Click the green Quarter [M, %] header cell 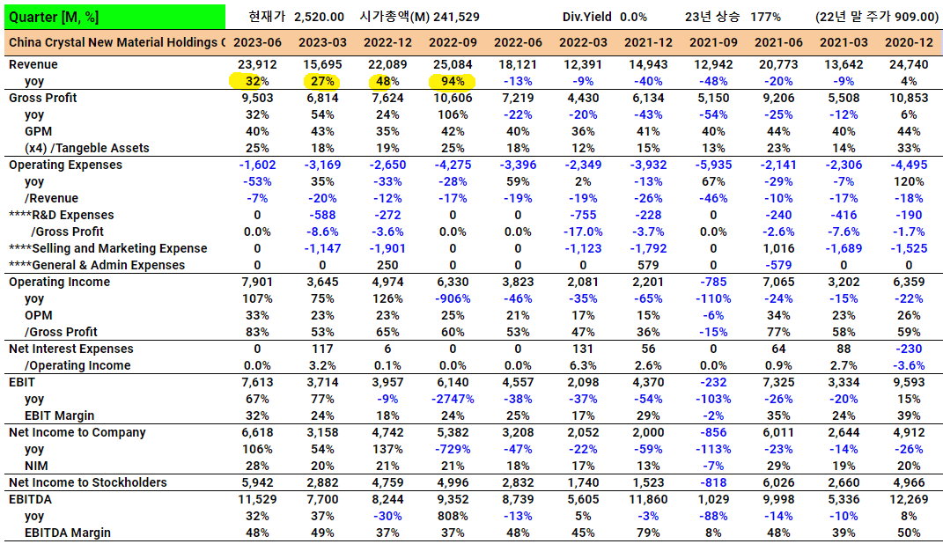pos(114,17)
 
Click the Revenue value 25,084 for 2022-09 pos(453,64)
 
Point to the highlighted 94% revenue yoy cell pos(453,81)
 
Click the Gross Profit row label pos(42,98)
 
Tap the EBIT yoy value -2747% pos(452,399)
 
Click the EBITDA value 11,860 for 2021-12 pos(647,499)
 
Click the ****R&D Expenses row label pos(61,215)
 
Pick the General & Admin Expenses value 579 pos(647,265)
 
